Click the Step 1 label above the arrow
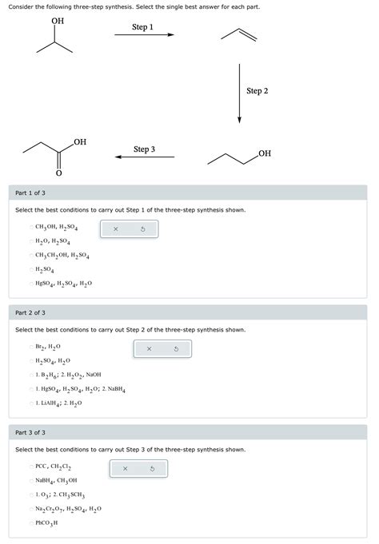(142, 27)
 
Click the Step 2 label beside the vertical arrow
(257, 91)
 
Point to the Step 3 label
(144, 149)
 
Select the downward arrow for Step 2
(239, 92)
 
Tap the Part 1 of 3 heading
(30, 193)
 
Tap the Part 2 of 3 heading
(30, 312)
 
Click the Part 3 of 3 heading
(30, 432)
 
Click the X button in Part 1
(115, 229)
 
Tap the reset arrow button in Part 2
(176, 349)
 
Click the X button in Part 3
(125, 469)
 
